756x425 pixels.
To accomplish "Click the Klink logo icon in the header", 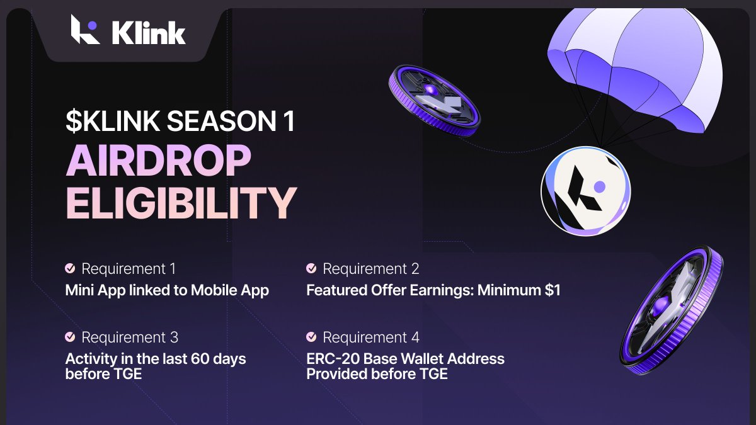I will [x=85, y=29].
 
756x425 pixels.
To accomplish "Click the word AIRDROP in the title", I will [x=159, y=162].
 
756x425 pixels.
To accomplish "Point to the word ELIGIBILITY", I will [x=181, y=203].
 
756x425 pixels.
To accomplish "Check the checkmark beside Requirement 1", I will [x=70, y=269].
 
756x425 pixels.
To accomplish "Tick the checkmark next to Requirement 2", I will [x=311, y=269].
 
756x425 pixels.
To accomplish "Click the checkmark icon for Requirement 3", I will [x=70, y=337].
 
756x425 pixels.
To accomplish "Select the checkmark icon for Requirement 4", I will [x=311, y=337].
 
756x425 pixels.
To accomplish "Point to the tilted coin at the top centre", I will [x=434, y=100].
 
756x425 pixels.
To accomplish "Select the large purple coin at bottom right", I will [x=671, y=312].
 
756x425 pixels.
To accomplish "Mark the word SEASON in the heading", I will [x=213, y=121].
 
